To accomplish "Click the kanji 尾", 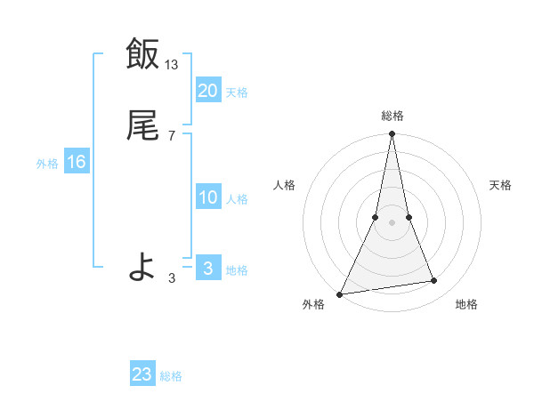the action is coord(142,127).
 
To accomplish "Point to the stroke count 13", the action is coord(172,64).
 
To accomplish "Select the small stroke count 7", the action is coord(171,136).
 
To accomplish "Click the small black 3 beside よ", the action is coord(171,278).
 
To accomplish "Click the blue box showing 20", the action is coord(207,91).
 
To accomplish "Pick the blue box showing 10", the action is coord(207,197).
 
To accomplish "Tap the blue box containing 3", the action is coord(207,269).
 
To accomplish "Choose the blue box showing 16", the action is coord(76,162).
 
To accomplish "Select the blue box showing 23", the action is coord(142,374).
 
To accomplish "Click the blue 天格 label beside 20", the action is coord(237,92).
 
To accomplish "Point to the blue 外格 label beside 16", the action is coord(47,164).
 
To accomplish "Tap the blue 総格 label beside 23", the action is coord(171,376).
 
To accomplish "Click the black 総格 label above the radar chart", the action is coord(392,117).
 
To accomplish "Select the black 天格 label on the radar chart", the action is coord(501,185).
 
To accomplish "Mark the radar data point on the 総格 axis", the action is coord(392,134).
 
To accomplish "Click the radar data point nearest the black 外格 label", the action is coord(340,293).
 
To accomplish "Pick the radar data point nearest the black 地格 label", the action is coord(434,281).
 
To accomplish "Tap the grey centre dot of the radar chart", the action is coord(392,222).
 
